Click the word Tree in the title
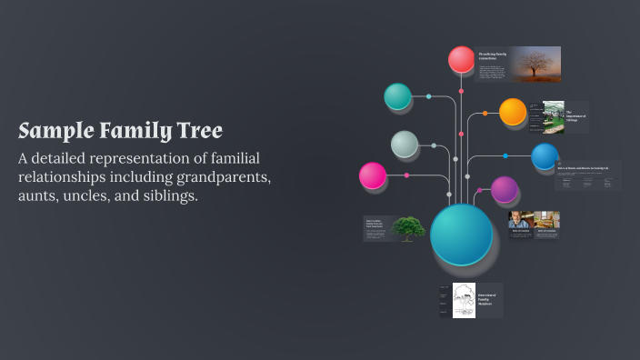click(197, 130)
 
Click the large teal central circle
click(462, 234)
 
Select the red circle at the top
click(462, 60)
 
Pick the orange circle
click(513, 112)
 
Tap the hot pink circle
click(373, 175)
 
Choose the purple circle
click(505, 190)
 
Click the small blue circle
click(545, 156)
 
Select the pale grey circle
click(405, 144)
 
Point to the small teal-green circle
click(397, 96)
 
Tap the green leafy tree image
click(408, 227)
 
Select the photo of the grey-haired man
click(521, 219)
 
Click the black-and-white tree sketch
click(465, 300)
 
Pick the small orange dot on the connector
click(485, 114)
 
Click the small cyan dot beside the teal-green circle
click(429, 96)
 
